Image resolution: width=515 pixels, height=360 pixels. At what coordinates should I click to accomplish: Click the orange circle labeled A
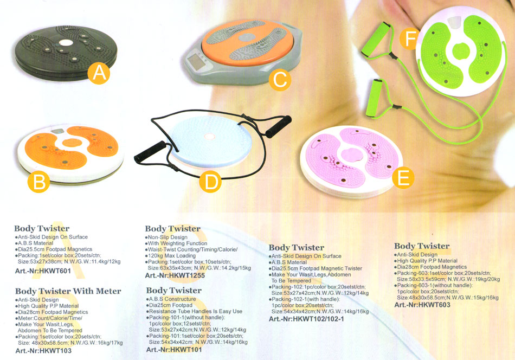click(x=99, y=73)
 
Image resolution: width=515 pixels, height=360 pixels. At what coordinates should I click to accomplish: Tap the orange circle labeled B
click(x=38, y=182)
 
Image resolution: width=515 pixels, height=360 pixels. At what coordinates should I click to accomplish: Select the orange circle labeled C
click(x=280, y=80)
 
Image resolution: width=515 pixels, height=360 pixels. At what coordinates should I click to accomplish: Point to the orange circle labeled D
click(x=210, y=182)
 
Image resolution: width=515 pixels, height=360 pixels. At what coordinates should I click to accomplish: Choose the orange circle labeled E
click(x=403, y=177)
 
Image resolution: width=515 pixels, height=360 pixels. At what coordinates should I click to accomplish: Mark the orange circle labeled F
click(x=409, y=38)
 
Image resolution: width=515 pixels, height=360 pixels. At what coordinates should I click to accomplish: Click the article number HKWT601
click(x=43, y=271)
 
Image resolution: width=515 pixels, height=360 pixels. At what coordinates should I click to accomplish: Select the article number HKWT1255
click(x=175, y=275)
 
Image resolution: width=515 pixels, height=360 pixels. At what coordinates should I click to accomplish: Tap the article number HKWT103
click(x=43, y=350)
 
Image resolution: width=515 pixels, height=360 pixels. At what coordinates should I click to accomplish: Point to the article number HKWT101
click(x=174, y=350)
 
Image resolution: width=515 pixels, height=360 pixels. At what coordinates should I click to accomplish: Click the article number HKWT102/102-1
click(x=306, y=319)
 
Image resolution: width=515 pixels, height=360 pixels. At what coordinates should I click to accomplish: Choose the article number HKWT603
click(x=422, y=305)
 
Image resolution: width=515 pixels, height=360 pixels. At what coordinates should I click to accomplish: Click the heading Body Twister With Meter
click(x=68, y=291)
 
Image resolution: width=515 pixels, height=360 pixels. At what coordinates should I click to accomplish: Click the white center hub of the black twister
click(x=66, y=42)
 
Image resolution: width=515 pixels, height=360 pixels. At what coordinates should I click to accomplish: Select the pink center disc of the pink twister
click(x=351, y=155)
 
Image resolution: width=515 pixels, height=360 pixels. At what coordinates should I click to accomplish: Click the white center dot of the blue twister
click(x=209, y=136)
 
